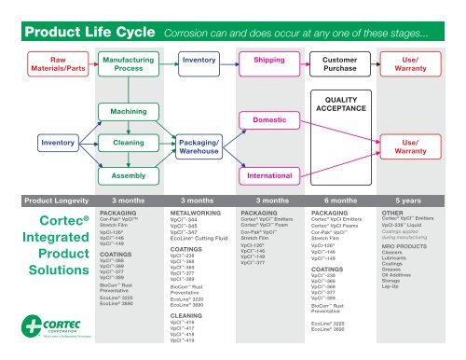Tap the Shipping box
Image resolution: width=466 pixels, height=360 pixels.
coord(269,59)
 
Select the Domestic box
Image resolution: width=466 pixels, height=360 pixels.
coord(269,120)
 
